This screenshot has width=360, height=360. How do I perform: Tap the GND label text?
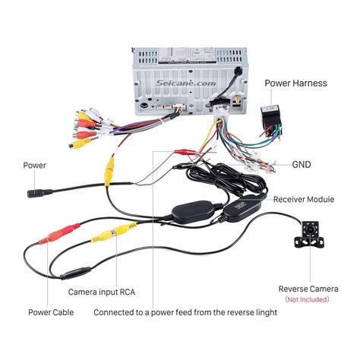point(302,163)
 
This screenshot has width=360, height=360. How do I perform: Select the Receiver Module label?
point(305,200)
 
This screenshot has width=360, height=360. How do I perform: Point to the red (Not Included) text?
point(307,299)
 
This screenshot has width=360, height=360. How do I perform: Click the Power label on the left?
point(34,164)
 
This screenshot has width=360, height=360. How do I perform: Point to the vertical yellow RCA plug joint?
point(110,169)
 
